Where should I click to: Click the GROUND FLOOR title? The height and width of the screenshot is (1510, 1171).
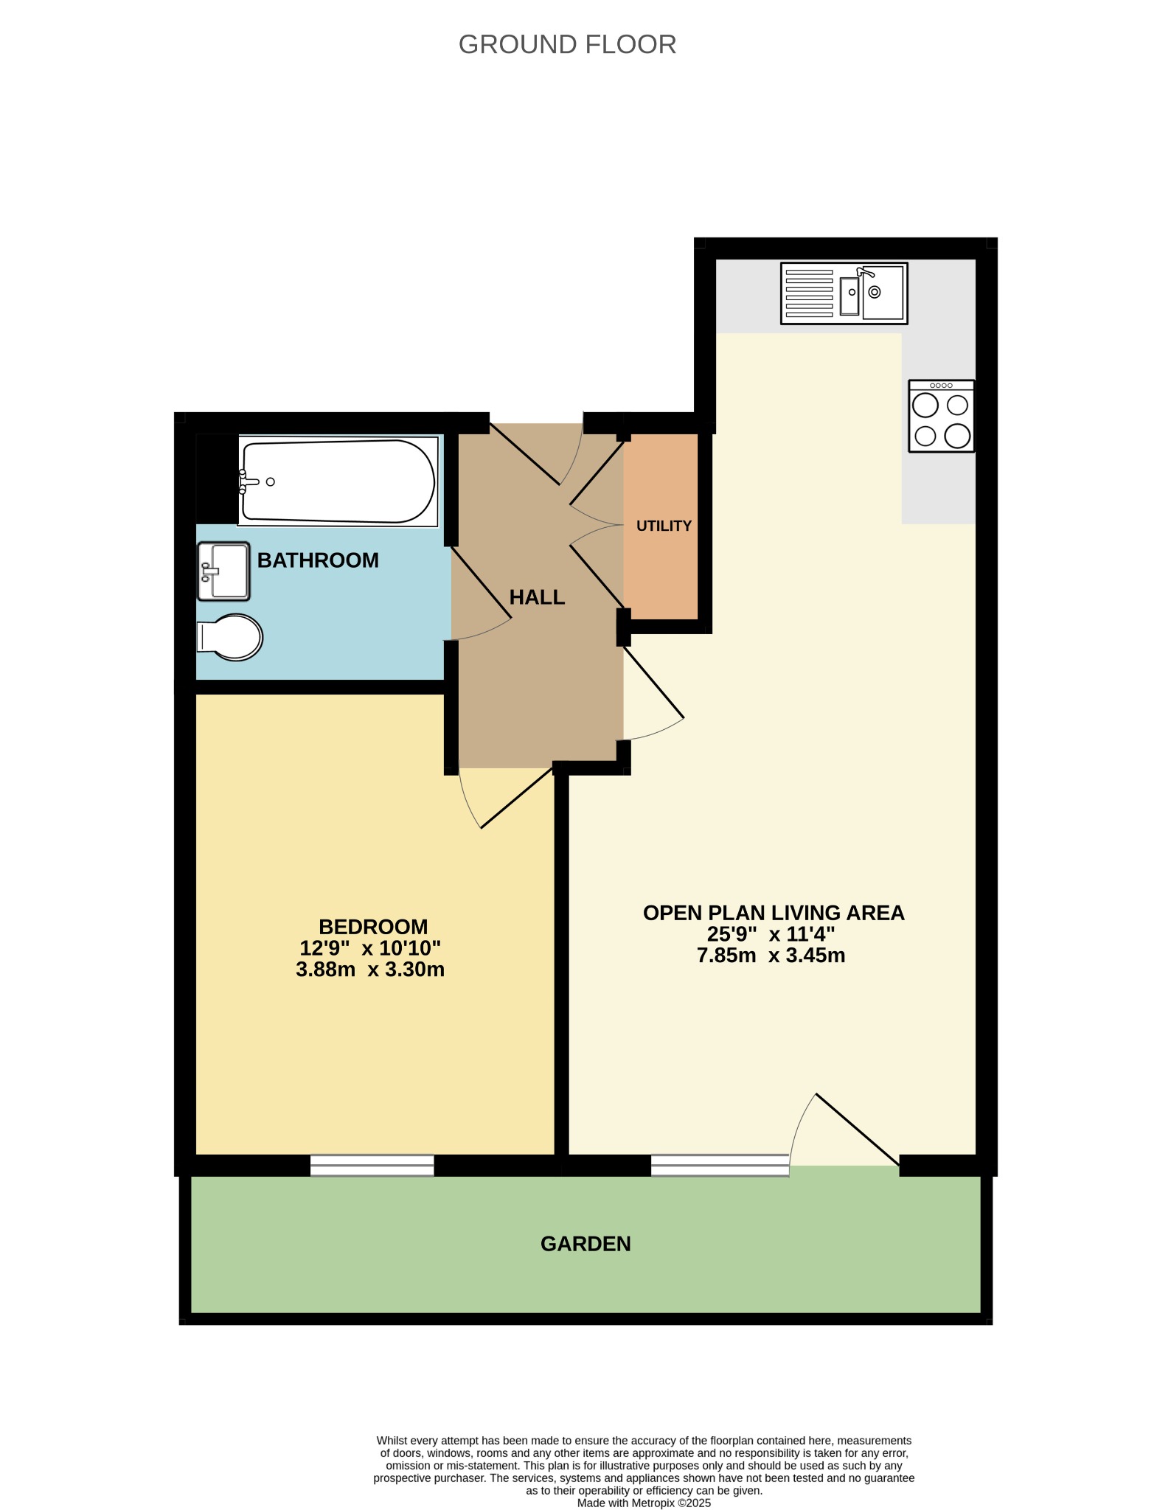[567, 45]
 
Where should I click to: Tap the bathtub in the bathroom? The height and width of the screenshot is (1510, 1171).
[338, 481]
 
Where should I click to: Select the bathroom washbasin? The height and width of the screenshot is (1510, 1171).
[224, 571]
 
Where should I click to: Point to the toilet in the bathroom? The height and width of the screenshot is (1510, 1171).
[229, 637]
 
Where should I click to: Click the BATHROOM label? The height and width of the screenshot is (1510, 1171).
[318, 560]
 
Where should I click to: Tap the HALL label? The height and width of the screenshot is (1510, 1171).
[537, 597]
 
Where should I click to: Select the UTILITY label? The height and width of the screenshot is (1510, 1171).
[664, 526]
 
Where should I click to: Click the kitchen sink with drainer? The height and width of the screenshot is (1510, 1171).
[844, 293]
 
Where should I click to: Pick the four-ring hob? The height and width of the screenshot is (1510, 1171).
[942, 416]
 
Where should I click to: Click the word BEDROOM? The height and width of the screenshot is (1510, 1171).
[373, 927]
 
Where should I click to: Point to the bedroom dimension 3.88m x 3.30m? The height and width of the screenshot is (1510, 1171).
[370, 969]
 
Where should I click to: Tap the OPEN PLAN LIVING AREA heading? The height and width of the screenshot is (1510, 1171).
[774, 913]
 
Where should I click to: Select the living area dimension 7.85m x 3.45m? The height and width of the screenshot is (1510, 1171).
[771, 956]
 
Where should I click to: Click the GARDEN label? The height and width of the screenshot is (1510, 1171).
[585, 1244]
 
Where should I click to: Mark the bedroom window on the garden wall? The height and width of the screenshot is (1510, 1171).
[372, 1165]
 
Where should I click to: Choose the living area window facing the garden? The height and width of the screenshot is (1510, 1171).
[720, 1165]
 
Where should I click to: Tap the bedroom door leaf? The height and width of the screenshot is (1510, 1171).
[517, 798]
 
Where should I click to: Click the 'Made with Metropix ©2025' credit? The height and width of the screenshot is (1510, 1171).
[644, 1503]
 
